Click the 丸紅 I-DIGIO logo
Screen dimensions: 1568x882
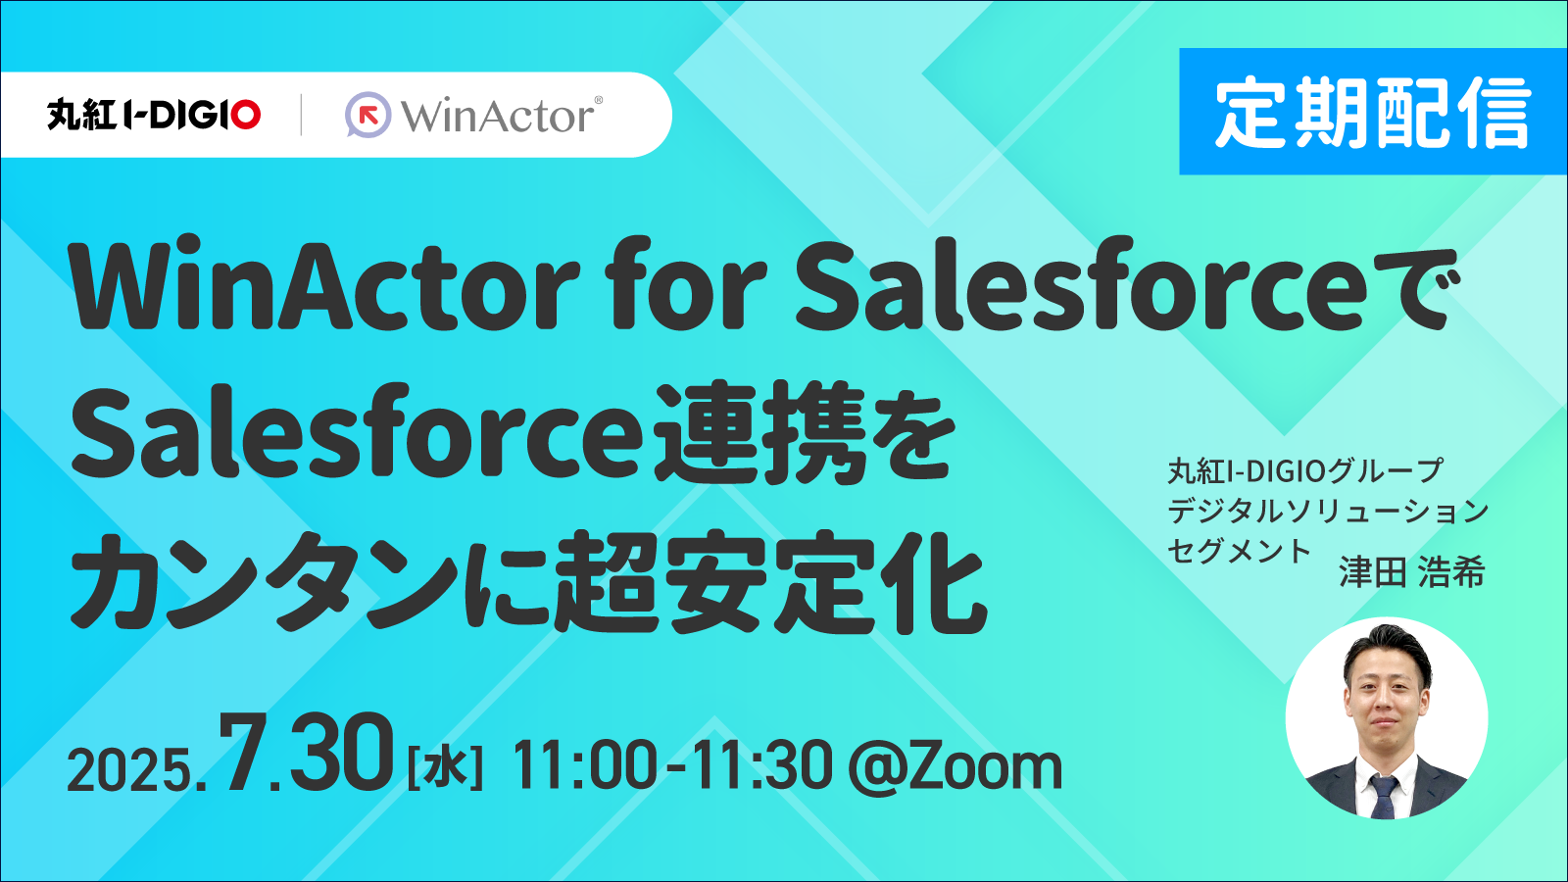(x=154, y=115)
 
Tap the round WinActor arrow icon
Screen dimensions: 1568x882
(x=368, y=114)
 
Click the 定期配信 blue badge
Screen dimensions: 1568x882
(x=1373, y=112)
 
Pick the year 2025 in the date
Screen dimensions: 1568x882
(x=133, y=769)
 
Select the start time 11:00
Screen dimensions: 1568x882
(x=585, y=767)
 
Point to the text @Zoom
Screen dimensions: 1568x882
(x=955, y=767)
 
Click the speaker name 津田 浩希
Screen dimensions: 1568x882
(x=1411, y=572)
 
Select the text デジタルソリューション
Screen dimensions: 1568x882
(x=1328, y=511)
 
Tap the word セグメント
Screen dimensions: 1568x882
(x=1239, y=551)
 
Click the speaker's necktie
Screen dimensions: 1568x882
(x=1383, y=797)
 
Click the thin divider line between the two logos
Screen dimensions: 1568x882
(x=302, y=114)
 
